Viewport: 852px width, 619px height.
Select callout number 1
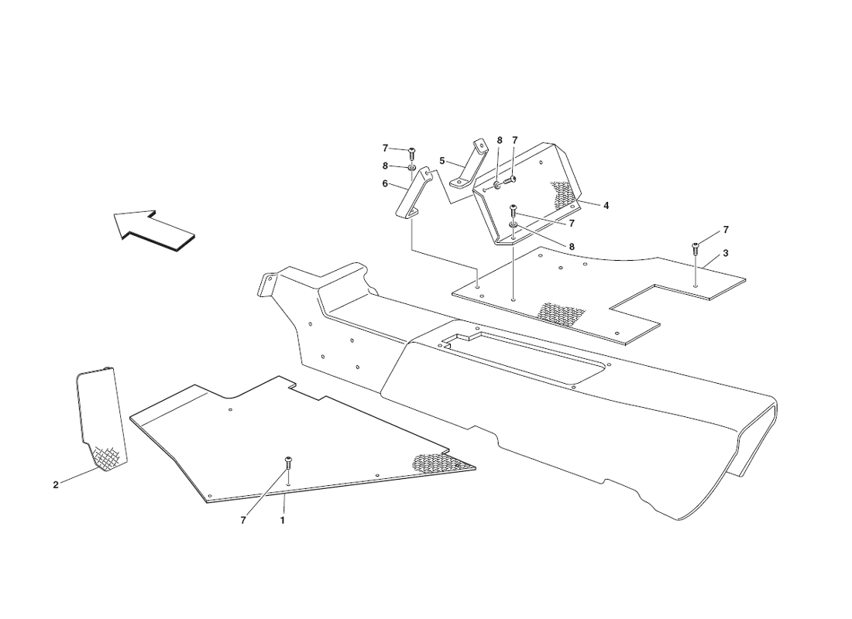click(x=283, y=520)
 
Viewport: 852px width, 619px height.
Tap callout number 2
click(x=56, y=485)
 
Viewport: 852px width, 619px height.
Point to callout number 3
click(x=726, y=254)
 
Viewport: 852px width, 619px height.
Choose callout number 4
click(x=606, y=206)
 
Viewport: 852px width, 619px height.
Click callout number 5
click(x=441, y=161)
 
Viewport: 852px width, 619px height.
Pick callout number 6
click(x=385, y=183)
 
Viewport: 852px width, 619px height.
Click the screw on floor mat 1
click(x=288, y=463)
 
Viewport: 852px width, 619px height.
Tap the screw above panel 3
click(x=695, y=248)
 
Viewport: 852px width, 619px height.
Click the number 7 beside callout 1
click(x=243, y=520)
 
